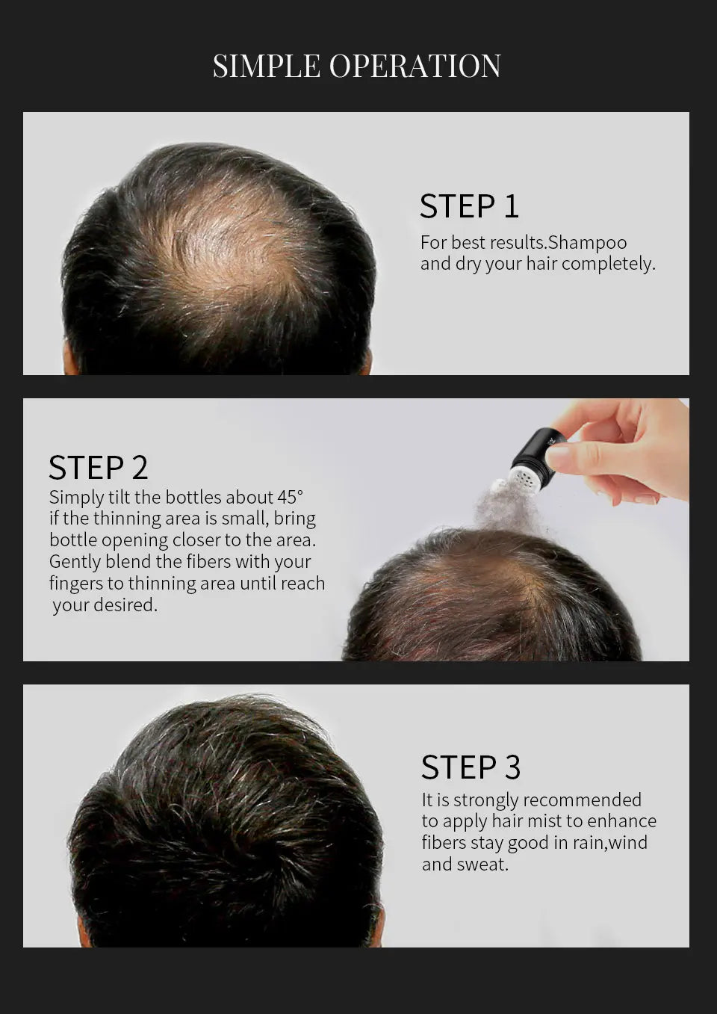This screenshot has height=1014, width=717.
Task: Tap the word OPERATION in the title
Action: click(x=415, y=66)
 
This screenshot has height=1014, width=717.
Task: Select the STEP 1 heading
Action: click(x=469, y=206)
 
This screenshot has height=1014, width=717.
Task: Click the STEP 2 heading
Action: click(x=99, y=468)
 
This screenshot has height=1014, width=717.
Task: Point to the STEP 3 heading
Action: click(x=471, y=767)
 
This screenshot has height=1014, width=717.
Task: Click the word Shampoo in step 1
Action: click(x=587, y=243)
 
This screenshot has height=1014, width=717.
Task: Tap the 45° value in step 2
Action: click(x=291, y=497)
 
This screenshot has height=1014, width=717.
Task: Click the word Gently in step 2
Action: click(x=75, y=562)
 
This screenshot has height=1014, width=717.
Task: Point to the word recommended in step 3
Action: click(x=582, y=800)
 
